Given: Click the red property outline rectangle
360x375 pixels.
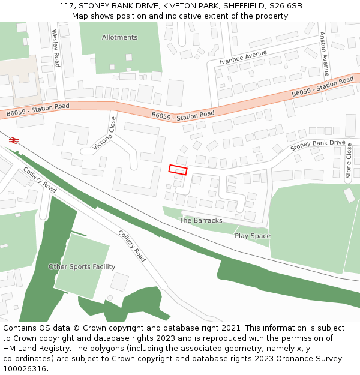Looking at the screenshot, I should (178, 170).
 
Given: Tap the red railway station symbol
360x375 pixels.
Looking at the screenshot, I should (14, 140).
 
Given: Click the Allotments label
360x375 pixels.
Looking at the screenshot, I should (119, 37).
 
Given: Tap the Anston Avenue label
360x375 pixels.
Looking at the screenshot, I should (325, 54).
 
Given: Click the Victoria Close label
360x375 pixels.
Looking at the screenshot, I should (105, 133).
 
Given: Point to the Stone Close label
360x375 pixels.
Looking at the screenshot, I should (349, 161).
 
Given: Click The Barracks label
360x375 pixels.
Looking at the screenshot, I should (200, 220).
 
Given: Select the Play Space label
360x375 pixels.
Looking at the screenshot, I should (252, 236).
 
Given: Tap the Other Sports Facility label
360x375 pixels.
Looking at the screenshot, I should (82, 266).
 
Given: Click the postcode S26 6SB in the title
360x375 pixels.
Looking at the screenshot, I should (284, 6).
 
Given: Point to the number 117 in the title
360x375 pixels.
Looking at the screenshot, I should (67, 6).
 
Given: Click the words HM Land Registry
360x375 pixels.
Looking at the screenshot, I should (31, 349).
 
